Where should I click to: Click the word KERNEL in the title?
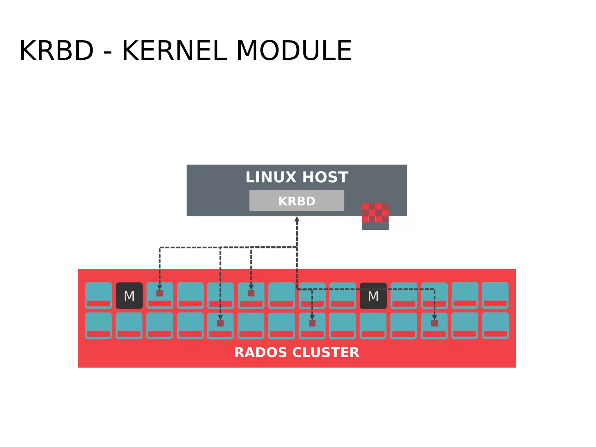click(x=174, y=51)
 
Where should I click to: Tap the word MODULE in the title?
click(x=294, y=51)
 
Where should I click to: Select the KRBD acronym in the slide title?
click(x=57, y=51)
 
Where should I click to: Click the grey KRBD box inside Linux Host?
click(x=297, y=201)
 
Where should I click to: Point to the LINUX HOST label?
click(x=297, y=177)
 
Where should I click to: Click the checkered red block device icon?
click(x=375, y=213)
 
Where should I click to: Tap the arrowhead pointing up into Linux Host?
click(x=297, y=219)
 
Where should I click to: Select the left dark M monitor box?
click(x=129, y=296)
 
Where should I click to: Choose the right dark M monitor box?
click(x=373, y=296)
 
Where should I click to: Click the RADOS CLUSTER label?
click(x=297, y=352)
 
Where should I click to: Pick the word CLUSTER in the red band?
click(x=326, y=352)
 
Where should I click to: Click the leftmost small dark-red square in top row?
click(x=159, y=293)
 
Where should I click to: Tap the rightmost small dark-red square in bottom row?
click(x=434, y=323)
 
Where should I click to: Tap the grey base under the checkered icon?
click(x=375, y=226)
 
